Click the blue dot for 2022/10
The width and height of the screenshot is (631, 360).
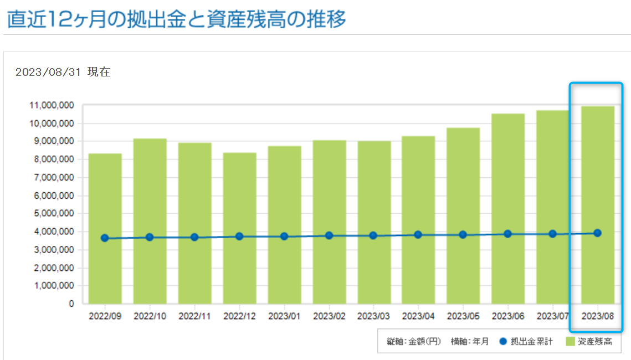pos(150,237)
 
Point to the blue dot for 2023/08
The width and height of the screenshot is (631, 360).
pos(597,233)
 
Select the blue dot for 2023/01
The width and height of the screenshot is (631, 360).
pos(284,236)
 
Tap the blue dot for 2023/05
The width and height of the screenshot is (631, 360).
pos(463,235)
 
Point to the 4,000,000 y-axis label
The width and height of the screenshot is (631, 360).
pos(51,232)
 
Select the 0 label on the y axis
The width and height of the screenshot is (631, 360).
pos(71,304)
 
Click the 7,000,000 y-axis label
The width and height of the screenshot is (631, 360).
pos(51,177)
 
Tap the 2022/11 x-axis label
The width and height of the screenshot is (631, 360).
pos(194,316)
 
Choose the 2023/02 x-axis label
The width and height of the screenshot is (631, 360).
pos(329,316)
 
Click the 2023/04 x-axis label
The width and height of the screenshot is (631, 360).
pos(419,316)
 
